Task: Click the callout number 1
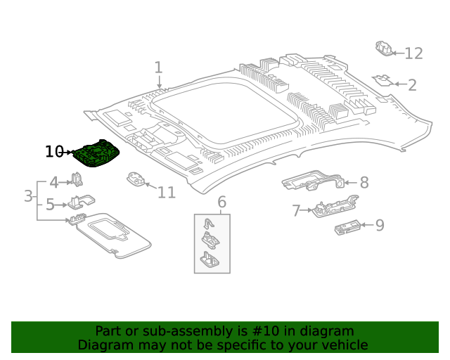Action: pyautogui.click(x=158, y=67)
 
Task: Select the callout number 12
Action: pyautogui.click(x=413, y=53)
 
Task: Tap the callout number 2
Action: pyautogui.click(x=412, y=85)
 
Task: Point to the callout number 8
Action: pyautogui.click(x=364, y=184)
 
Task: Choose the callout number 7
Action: pyautogui.click(x=296, y=210)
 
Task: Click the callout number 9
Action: pyautogui.click(x=379, y=225)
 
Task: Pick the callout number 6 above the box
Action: pyautogui.click(x=221, y=202)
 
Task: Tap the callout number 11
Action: pyautogui.click(x=166, y=193)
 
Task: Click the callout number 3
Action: pyautogui.click(x=28, y=195)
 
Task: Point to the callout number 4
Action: pyautogui.click(x=53, y=183)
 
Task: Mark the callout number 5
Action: pyautogui.click(x=51, y=205)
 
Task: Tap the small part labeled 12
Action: pyautogui.click(x=383, y=49)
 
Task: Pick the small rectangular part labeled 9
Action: pyautogui.click(x=347, y=226)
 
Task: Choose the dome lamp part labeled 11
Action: pyautogui.click(x=135, y=179)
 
